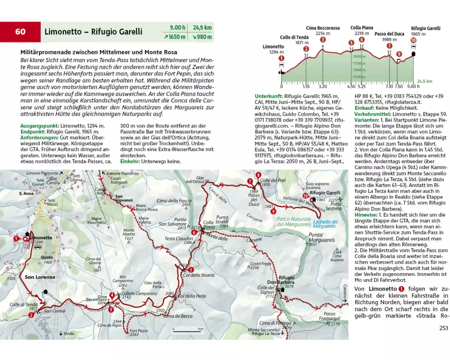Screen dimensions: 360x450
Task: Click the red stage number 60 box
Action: [x=20, y=31]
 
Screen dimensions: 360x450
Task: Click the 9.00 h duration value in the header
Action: [x=177, y=27]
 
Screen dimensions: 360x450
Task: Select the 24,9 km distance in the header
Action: [x=202, y=27]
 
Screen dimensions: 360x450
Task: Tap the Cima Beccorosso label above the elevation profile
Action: [x=323, y=28]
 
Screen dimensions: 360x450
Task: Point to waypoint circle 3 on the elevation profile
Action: [x=323, y=39]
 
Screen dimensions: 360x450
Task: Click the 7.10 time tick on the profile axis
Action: [x=389, y=86]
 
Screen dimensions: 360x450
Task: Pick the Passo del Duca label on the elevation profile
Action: [x=389, y=34]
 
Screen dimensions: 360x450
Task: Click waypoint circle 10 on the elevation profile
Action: [x=413, y=40]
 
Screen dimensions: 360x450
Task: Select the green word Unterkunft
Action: [x=269, y=96]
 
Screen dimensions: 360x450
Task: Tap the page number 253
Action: [x=443, y=328]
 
